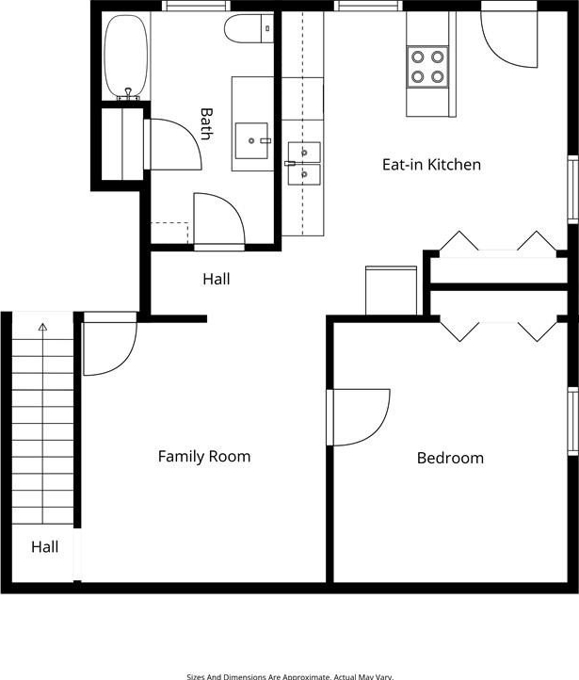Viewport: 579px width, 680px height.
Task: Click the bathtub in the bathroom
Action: point(126,56)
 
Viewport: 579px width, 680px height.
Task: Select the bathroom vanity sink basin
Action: point(251,140)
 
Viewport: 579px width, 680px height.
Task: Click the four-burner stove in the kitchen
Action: point(427,67)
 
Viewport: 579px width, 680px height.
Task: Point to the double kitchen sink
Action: point(304,164)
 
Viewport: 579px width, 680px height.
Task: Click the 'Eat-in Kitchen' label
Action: point(431,165)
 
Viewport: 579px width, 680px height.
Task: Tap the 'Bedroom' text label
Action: point(450,458)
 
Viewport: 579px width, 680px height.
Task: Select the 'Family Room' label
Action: point(204,456)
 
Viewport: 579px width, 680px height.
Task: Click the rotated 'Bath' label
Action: point(207,124)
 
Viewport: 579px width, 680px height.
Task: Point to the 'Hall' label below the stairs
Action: point(44,547)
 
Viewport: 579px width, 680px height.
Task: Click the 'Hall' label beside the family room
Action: point(217,279)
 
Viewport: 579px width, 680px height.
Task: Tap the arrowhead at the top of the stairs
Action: point(42,327)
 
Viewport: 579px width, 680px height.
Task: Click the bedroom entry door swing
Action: point(359,417)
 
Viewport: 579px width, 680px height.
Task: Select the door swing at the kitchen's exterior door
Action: point(509,39)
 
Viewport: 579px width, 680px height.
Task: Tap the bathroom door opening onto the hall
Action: point(219,219)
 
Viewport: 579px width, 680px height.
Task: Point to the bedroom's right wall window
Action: point(573,421)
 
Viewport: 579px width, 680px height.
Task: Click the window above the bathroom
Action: point(197,6)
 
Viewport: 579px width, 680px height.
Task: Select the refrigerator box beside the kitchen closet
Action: point(392,290)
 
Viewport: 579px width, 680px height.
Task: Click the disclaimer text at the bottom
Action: point(290,676)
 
